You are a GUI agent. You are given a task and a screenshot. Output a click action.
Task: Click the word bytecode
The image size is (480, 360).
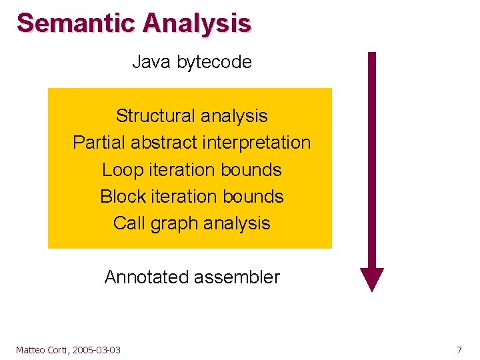coord(214,63)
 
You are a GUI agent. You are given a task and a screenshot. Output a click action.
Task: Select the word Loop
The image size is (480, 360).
coord(121,170)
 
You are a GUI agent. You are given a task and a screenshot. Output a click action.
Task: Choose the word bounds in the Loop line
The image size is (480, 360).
coord(253,170)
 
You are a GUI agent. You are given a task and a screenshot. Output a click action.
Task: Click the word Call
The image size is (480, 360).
coord(129,223)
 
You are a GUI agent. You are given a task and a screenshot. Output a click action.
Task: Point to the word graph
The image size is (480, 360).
coord(173,224)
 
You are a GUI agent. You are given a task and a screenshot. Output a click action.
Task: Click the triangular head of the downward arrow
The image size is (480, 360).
coord(372,278)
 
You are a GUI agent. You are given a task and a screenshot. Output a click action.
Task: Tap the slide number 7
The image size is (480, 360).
coord(459,350)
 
